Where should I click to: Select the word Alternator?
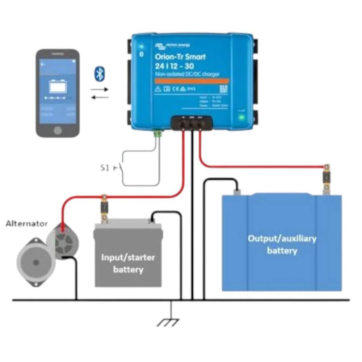(x=27, y=224)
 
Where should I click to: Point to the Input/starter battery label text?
(x=128, y=264)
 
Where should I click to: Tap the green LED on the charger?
(x=240, y=118)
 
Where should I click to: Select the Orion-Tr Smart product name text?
(x=180, y=57)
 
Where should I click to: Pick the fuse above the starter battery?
(x=105, y=208)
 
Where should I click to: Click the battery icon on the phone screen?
(x=58, y=86)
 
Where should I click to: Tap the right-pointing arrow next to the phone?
(x=100, y=89)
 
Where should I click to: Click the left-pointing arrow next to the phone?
(x=100, y=97)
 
